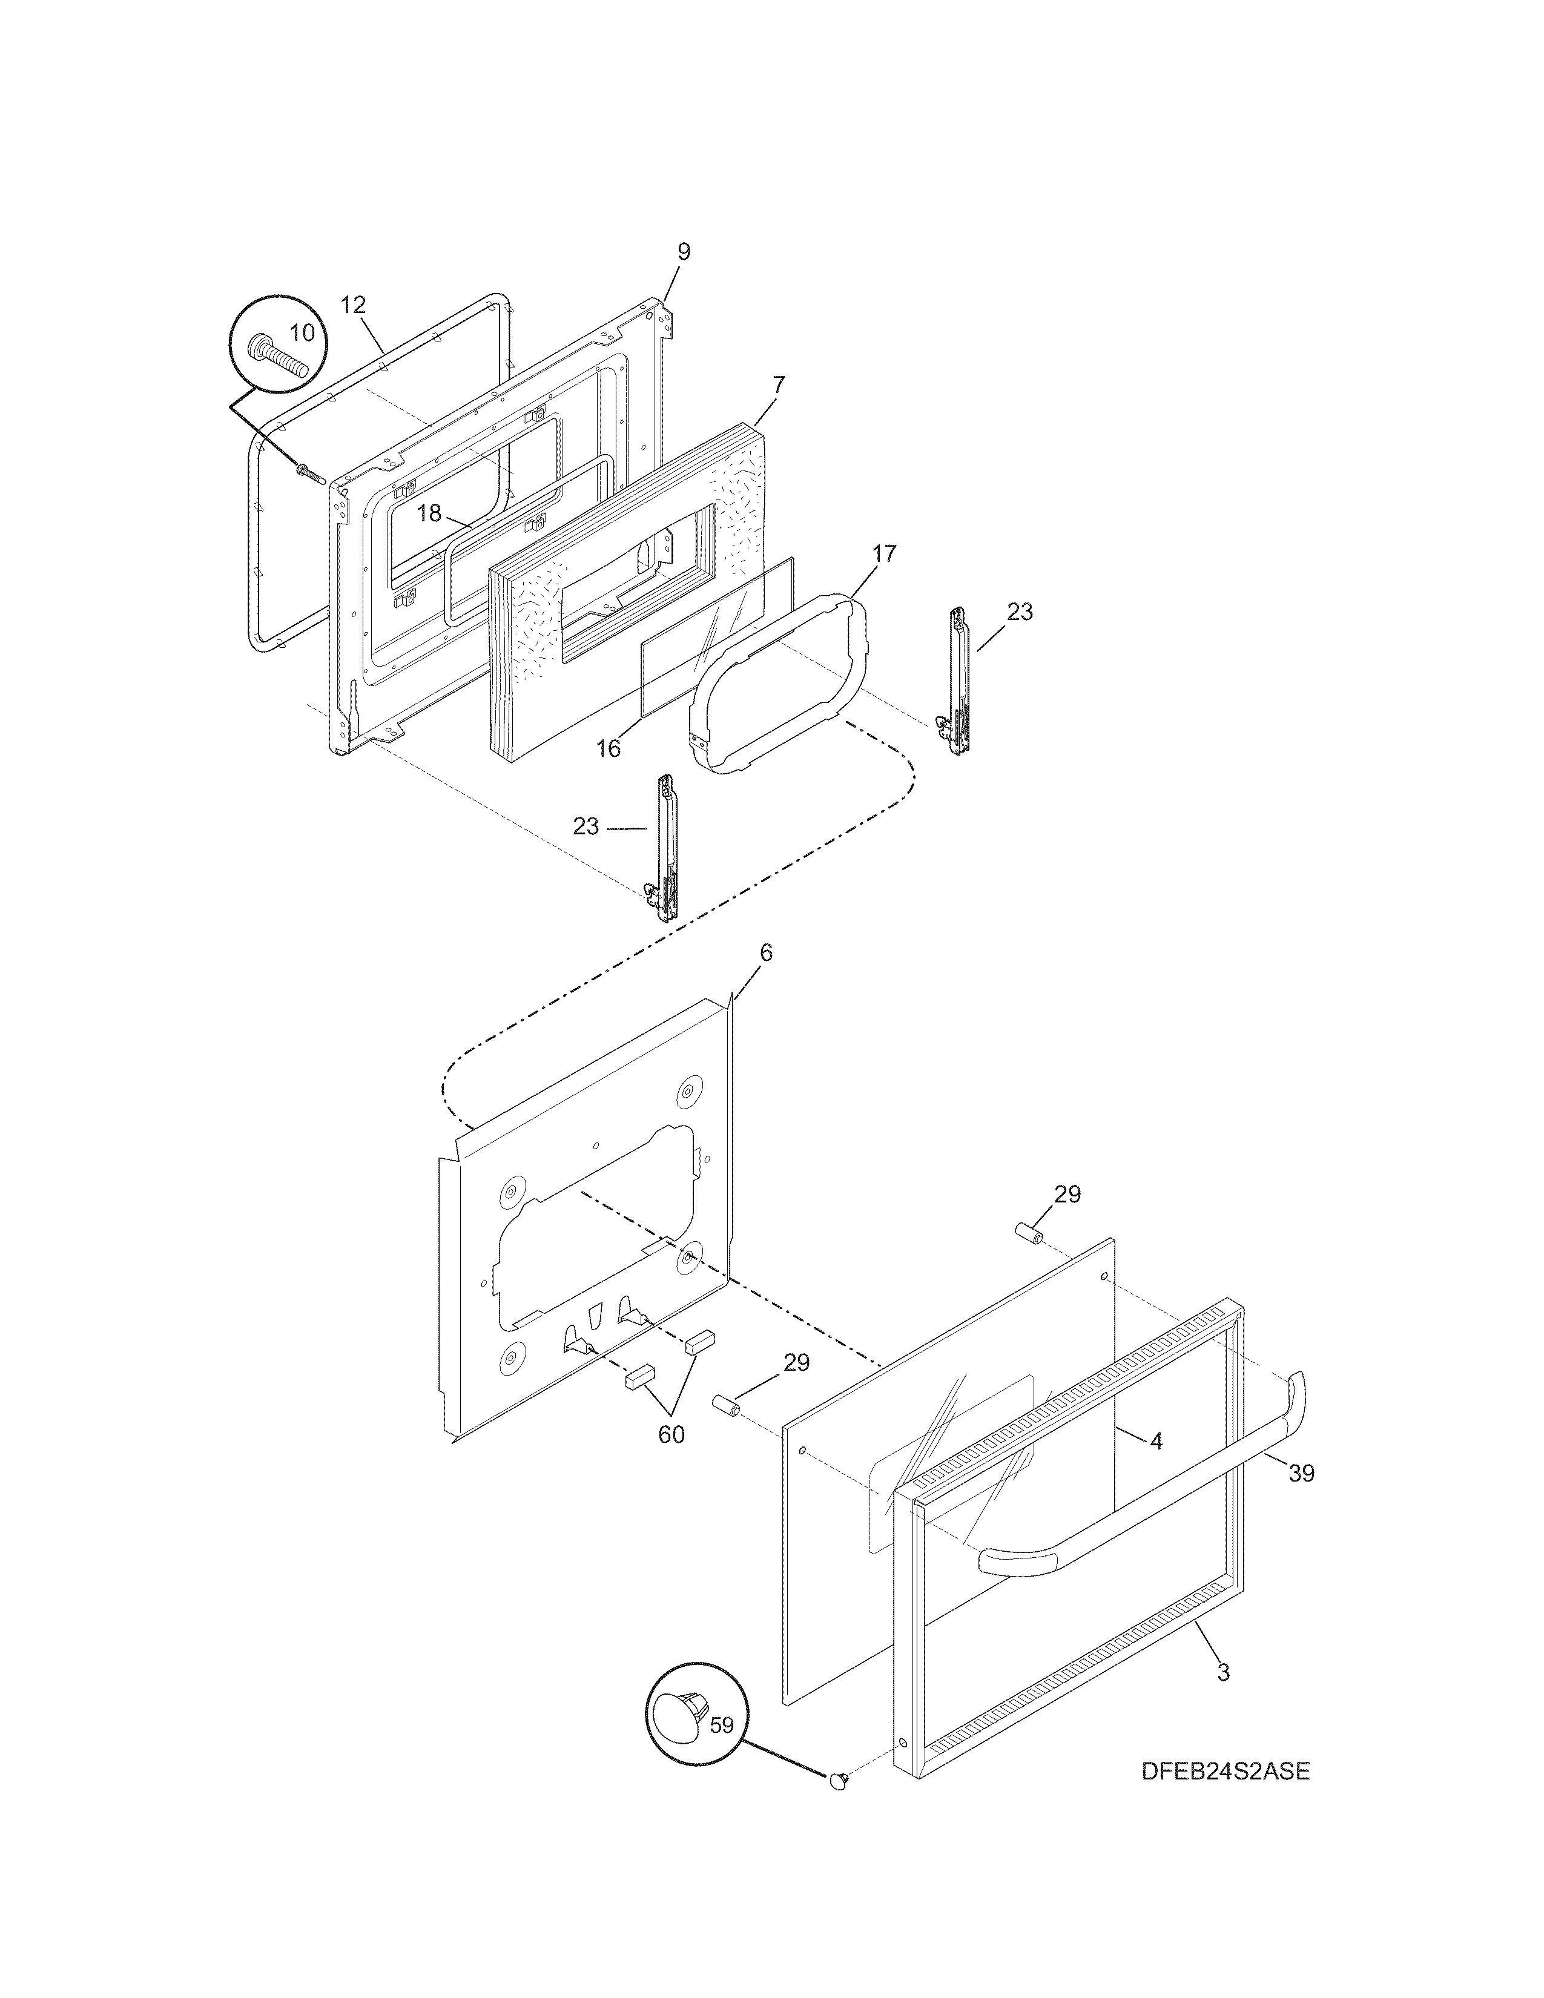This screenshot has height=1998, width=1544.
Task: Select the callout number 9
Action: coord(684,252)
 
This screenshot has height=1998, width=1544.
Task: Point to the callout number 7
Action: coord(779,384)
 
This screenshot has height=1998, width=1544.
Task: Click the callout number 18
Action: coord(429,513)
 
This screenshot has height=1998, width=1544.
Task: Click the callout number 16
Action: coord(609,750)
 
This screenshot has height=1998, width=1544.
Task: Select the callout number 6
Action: coord(765,953)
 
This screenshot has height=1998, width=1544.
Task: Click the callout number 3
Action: coord(1223,1672)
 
